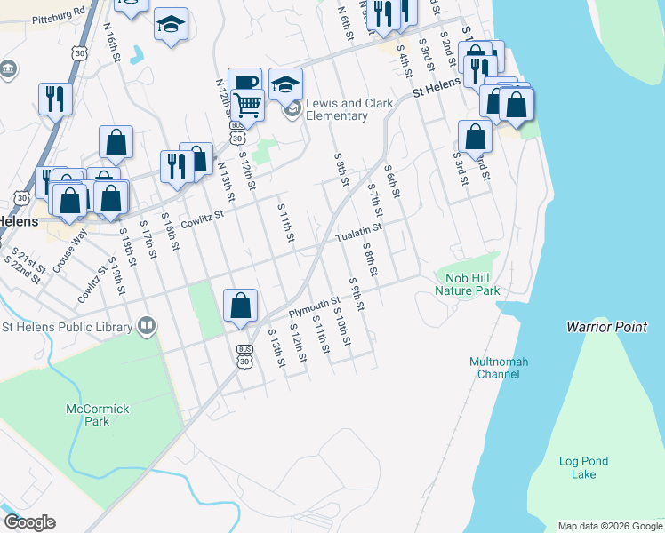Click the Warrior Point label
(x=607, y=327)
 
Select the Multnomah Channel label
(x=499, y=368)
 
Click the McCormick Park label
(x=98, y=415)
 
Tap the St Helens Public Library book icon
(x=147, y=327)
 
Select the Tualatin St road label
(x=358, y=233)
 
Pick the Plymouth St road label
(x=315, y=308)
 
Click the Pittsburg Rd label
(x=57, y=16)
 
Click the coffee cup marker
(x=244, y=82)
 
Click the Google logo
(x=29, y=522)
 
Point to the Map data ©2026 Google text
(x=609, y=526)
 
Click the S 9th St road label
(x=357, y=294)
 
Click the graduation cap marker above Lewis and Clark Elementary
(x=285, y=84)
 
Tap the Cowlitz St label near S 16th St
(x=200, y=219)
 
